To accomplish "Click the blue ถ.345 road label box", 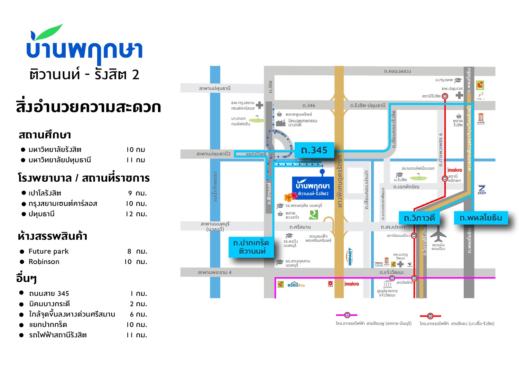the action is coord(314,150).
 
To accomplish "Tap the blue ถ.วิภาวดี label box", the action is coord(419,218).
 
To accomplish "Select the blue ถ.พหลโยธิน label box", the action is coord(481,218).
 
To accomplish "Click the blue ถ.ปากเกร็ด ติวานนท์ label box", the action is coord(251,247).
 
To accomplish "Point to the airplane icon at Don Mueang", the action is coord(438,234).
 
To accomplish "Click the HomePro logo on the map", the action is coord(296,285).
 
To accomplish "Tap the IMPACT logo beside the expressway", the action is coord(350,256).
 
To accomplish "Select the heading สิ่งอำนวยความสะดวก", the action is coord(89,107).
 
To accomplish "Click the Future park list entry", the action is coord(49,252).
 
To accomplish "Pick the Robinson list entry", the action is coord(44,262).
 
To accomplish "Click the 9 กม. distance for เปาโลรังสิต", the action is coord(137,193).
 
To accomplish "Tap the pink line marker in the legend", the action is coord(347,315).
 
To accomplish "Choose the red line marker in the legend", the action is coord(430,316).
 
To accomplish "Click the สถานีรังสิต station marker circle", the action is coord(445,96).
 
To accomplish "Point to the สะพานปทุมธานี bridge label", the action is coord(215,88).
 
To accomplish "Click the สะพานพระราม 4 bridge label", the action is coord(215,272).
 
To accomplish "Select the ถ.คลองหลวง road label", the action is coord(397,71).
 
